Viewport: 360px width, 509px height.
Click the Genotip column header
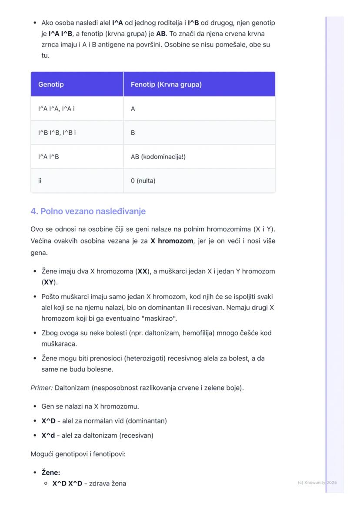[51, 84]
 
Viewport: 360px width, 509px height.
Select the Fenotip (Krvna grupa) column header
[166, 84]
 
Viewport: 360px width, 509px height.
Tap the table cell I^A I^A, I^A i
[57, 109]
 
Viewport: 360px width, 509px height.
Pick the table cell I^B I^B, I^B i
[57, 133]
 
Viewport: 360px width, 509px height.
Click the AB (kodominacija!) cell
[158, 156]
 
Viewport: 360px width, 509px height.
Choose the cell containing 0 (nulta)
[143, 181]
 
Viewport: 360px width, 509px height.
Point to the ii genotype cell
[40, 181]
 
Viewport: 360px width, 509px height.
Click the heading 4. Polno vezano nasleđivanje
[88, 211]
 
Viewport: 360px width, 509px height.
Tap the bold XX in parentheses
[142, 271]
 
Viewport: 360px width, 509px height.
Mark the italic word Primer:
[42, 387]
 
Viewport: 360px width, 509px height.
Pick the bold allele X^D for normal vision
[48, 421]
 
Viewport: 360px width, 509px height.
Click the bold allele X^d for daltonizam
[48, 435]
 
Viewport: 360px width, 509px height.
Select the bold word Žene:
[51, 472]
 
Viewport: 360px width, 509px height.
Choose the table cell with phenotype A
[133, 109]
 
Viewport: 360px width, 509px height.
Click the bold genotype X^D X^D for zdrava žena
[67, 483]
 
